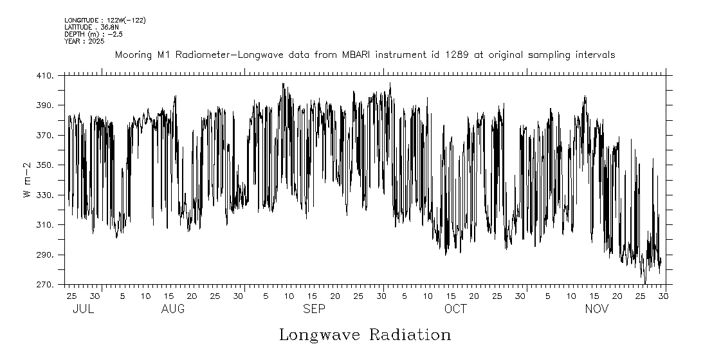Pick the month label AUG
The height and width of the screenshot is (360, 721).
click(x=173, y=309)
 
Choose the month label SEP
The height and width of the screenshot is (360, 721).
click(x=314, y=309)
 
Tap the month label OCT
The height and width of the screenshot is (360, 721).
click(x=455, y=309)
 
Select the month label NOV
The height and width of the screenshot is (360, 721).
click(x=597, y=309)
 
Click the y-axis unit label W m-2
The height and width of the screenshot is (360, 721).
click(x=28, y=180)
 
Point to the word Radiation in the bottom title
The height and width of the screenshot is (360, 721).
click(x=409, y=335)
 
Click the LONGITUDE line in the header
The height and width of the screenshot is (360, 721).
click(x=105, y=21)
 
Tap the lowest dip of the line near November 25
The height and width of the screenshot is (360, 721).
click(x=645, y=283)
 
